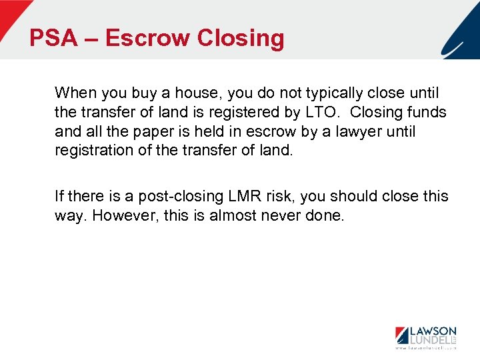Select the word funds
click(x=427, y=112)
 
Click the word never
click(x=283, y=216)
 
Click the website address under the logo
click(x=425, y=347)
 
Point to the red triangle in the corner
click(x=11, y=12)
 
